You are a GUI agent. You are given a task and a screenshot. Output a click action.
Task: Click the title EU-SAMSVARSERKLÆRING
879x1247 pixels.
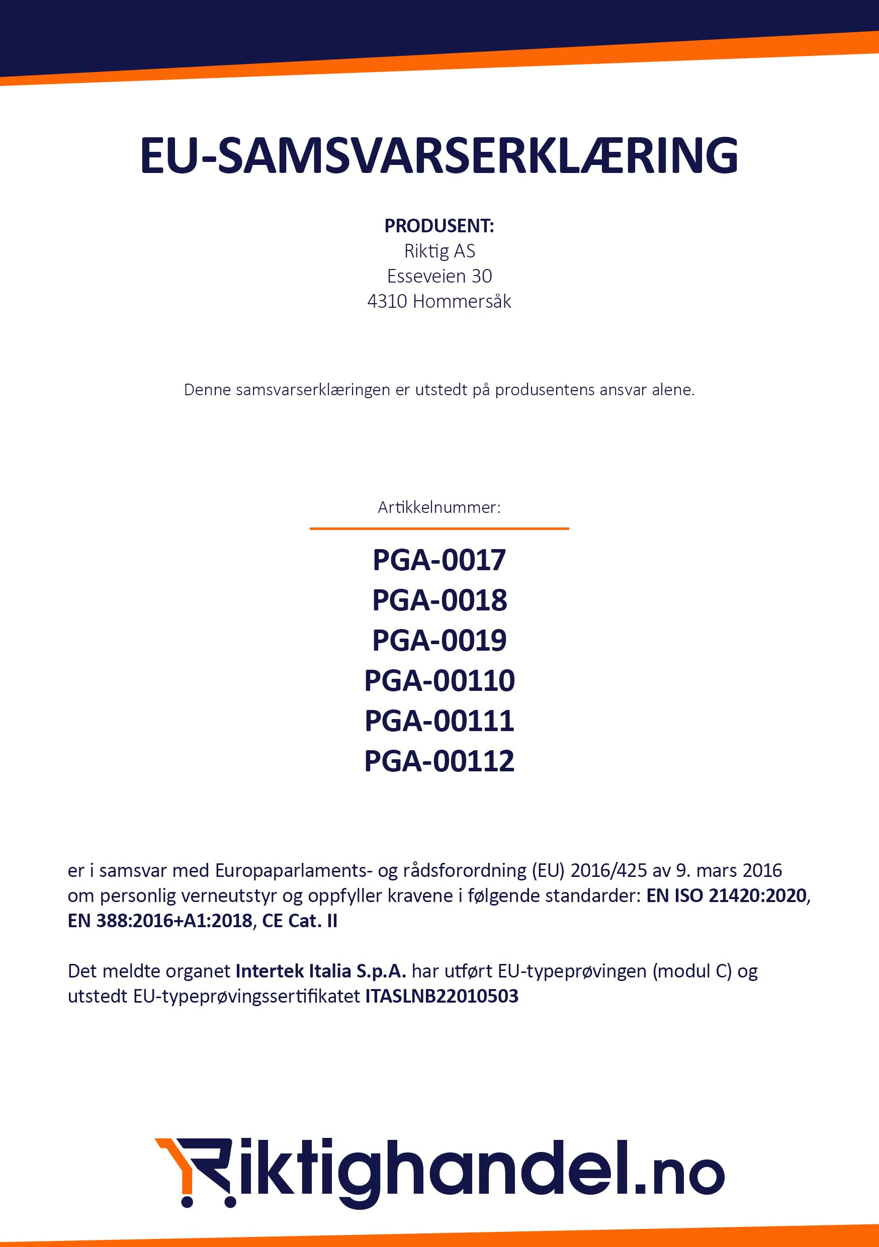point(439,156)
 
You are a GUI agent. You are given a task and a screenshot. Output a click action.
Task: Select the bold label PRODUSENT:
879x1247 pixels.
point(439,226)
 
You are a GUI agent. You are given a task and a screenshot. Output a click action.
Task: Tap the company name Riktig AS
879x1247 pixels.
point(439,251)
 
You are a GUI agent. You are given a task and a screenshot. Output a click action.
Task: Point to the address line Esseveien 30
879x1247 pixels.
point(439,277)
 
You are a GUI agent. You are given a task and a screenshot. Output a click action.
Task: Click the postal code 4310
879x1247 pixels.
point(387,301)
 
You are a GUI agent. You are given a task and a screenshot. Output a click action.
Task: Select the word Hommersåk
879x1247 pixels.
point(462,301)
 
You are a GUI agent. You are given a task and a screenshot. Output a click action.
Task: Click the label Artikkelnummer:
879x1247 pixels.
point(439,507)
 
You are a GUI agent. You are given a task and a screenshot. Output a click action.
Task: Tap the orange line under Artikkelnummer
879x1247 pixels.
point(439,528)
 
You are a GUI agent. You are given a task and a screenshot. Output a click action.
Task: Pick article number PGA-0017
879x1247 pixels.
point(439,560)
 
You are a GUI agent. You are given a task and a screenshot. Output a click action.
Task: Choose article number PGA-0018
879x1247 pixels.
point(439,600)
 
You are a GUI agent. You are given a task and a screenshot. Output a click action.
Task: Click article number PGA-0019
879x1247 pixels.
point(439,640)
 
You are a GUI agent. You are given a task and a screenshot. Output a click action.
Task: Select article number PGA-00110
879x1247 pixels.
point(439,680)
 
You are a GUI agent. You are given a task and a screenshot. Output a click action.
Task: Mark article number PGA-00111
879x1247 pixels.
point(439,721)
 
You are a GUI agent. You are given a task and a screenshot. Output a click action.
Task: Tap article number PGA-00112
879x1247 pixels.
point(439,761)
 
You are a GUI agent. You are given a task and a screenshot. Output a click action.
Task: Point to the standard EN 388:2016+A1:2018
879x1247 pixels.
point(160,921)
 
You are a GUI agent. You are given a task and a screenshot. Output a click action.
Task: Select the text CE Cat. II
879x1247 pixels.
point(299,921)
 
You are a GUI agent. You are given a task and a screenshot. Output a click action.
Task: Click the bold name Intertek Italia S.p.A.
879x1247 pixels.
point(320,970)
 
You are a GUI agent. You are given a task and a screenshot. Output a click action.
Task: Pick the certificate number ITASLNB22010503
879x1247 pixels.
point(442,996)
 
